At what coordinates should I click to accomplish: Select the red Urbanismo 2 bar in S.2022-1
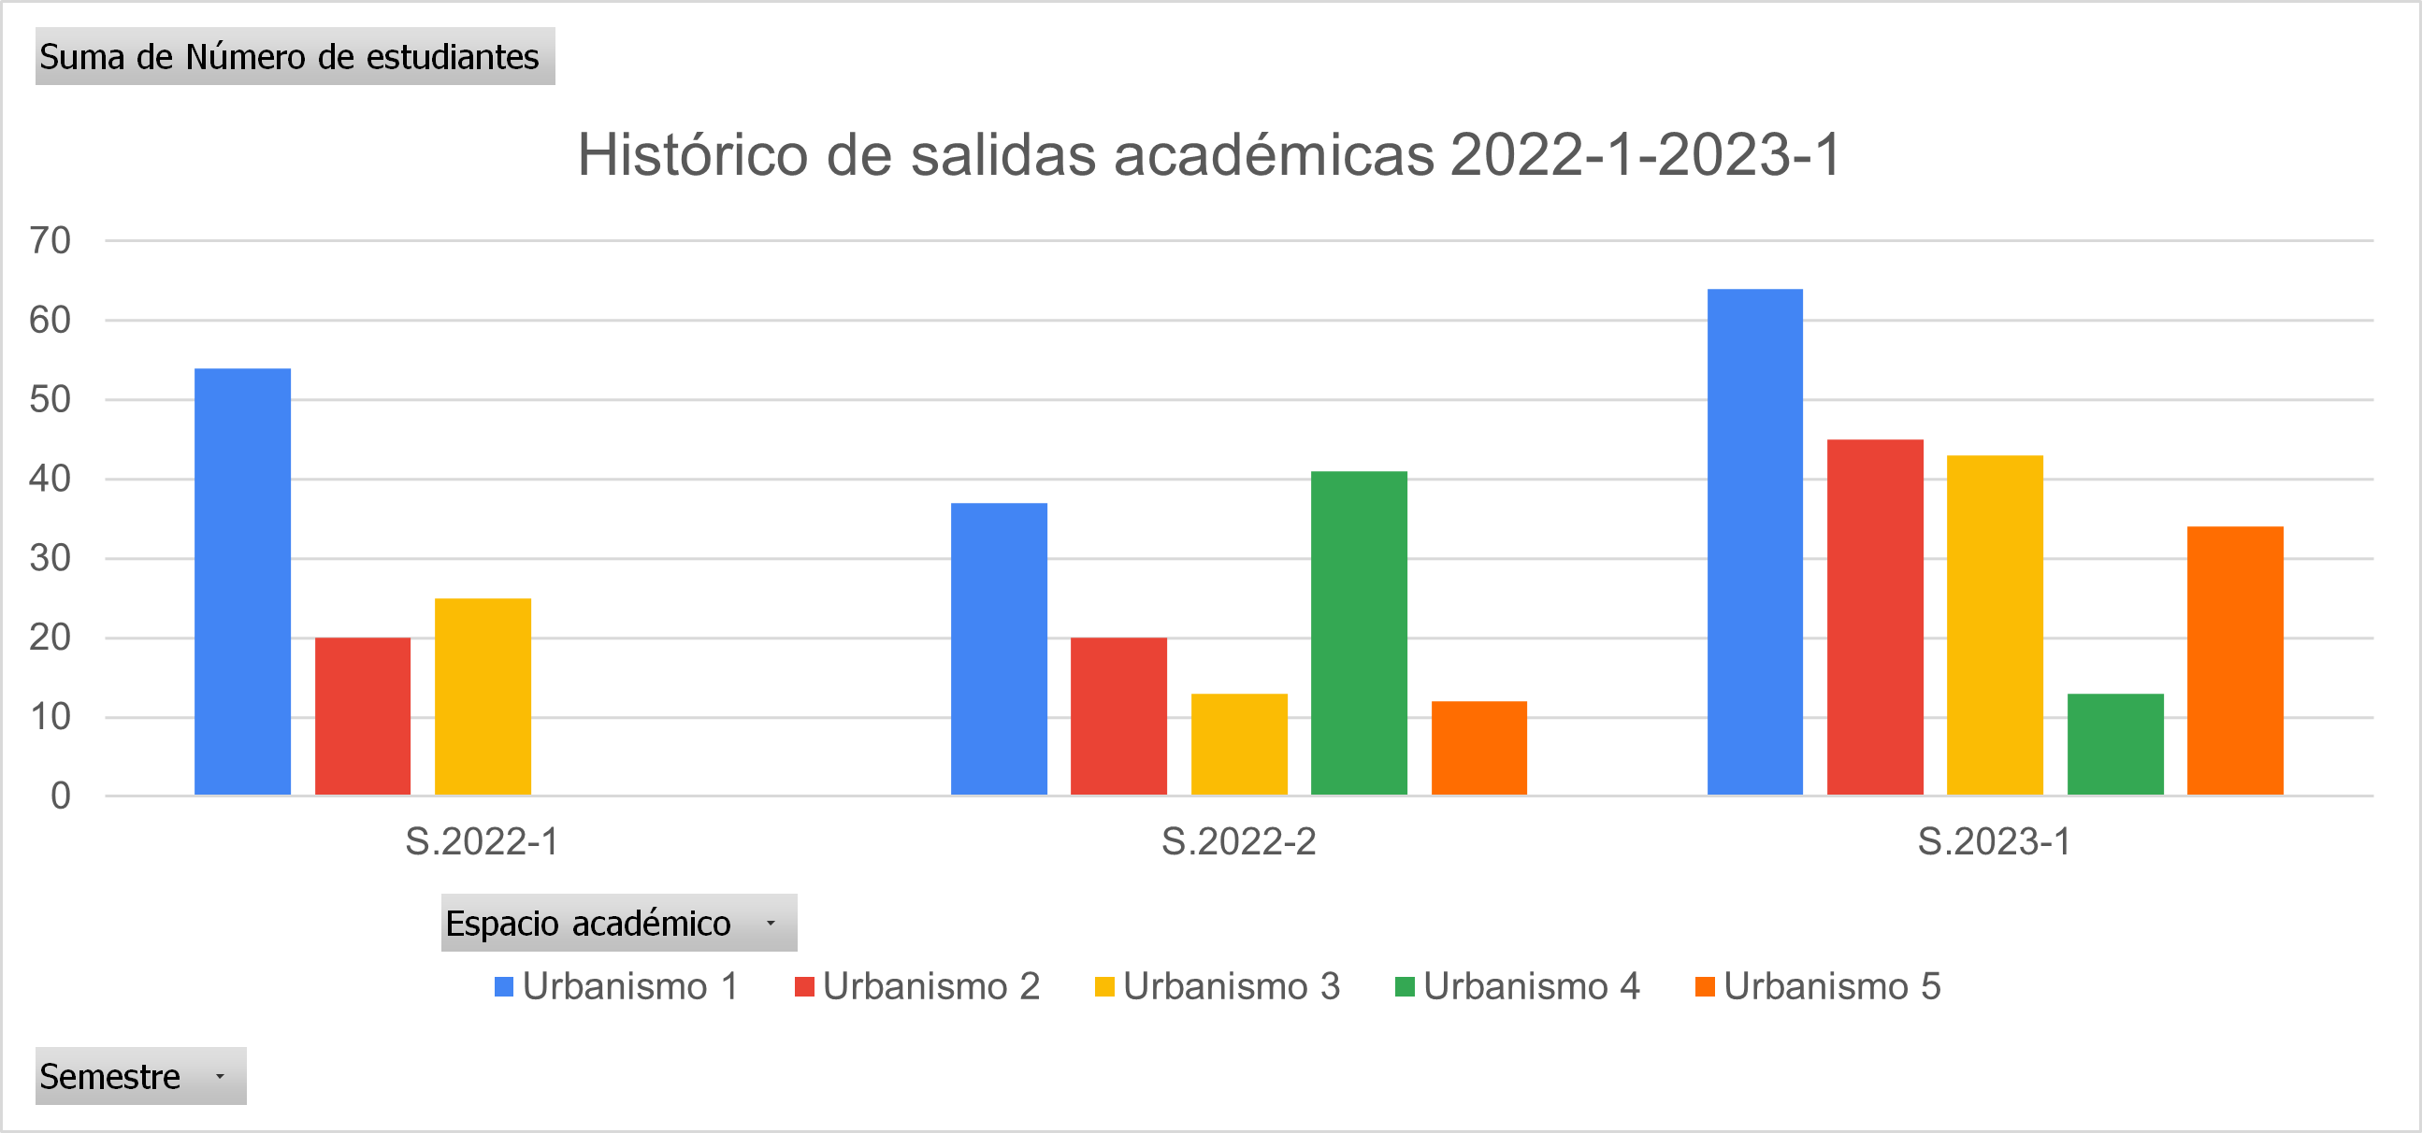(x=363, y=716)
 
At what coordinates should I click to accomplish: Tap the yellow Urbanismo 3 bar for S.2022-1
(x=483, y=696)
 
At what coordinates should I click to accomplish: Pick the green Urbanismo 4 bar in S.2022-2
(x=1360, y=633)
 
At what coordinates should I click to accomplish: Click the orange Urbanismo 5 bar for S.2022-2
(x=1479, y=749)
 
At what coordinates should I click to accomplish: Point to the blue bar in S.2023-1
(x=1755, y=541)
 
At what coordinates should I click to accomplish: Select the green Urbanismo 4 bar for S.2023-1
(x=2115, y=745)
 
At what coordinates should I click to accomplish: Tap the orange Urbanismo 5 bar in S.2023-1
(x=2235, y=661)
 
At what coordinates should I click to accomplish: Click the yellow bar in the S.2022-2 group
(x=1239, y=745)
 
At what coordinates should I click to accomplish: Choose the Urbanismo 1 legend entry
(x=618, y=986)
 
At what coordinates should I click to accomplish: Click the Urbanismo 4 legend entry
(x=1519, y=986)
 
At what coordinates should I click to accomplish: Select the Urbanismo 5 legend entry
(x=1819, y=986)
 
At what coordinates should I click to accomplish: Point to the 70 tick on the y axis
(x=50, y=240)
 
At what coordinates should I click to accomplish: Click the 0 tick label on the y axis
(x=60, y=796)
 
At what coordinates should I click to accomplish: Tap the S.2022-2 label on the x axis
(x=1238, y=841)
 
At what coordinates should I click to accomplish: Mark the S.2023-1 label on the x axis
(x=1995, y=841)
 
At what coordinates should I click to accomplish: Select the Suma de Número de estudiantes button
(x=295, y=56)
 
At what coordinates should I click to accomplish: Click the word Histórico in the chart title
(x=693, y=154)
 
